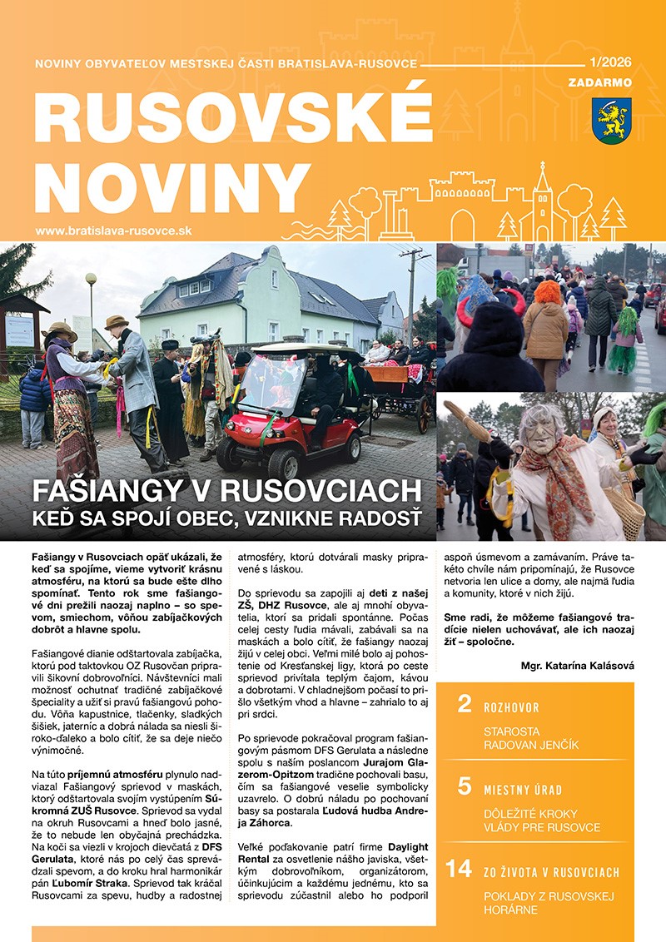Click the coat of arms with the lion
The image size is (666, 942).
pos(611,120)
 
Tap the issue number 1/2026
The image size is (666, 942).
pos(610,62)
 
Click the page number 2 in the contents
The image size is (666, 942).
pos(465,706)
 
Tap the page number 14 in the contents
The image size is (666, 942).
pos(459,869)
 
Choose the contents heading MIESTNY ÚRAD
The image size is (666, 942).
pos(523,790)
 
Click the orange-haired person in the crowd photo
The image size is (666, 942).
pos(546,317)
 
